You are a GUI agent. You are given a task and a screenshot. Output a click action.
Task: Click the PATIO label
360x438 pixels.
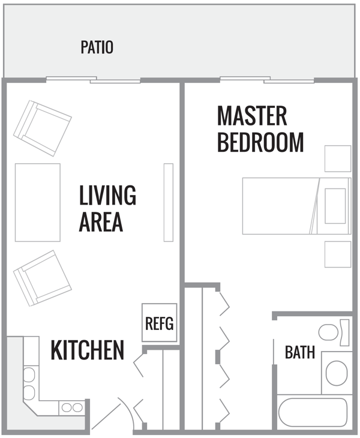pyautogui.click(x=97, y=47)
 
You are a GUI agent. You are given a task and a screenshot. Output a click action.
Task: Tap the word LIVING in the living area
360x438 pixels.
pyautogui.click(x=107, y=196)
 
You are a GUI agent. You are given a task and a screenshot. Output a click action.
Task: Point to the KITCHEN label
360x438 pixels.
pyautogui.click(x=87, y=350)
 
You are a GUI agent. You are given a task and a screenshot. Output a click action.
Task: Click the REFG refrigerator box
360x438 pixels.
pyautogui.click(x=159, y=323)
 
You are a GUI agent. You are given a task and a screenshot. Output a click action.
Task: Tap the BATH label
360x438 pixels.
pyautogui.click(x=299, y=352)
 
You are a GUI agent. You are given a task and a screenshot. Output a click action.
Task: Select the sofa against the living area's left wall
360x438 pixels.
pyautogui.click(x=37, y=202)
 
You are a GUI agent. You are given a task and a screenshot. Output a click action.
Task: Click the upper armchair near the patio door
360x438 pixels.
pyautogui.click(x=42, y=127)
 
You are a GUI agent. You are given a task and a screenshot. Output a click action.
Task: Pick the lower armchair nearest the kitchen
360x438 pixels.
pyautogui.click(x=42, y=277)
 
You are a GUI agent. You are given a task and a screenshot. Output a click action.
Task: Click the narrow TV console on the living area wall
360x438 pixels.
pyautogui.click(x=168, y=202)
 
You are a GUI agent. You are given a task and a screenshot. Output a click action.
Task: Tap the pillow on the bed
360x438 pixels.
pyautogui.click(x=335, y=205)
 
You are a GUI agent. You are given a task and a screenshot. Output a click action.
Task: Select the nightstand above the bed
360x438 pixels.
pyautogui.click(x=337, y=158)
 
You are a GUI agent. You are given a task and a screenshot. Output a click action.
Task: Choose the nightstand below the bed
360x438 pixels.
pyautogui.click(x=337, y=254)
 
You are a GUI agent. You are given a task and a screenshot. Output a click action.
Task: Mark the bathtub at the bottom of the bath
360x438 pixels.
pyautogui.click(x=313, y=412)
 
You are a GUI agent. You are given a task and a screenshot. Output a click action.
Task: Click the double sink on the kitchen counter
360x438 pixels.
pyautogui.click(x=29, y=384)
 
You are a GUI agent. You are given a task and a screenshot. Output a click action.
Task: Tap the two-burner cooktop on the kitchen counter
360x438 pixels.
pyautogui.click(x=72, y=407)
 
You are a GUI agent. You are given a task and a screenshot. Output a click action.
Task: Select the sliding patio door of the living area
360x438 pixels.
pyautogui.click(x=94, y=79)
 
